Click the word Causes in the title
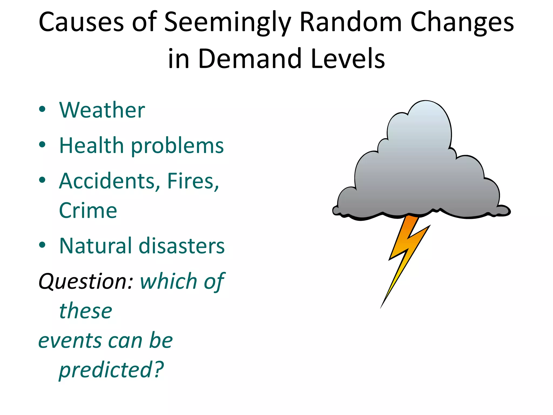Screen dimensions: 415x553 tap(81, 22)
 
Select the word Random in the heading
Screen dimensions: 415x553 tap(351, 22)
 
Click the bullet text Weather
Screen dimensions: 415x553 tap(102, 110)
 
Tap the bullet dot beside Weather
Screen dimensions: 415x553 tap(42, 109)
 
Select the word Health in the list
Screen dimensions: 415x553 tap(91, 145)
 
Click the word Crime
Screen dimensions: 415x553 tap(88, 210)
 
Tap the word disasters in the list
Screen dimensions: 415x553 tap(181, 246)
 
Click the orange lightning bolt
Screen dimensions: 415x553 tap(405, 249)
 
